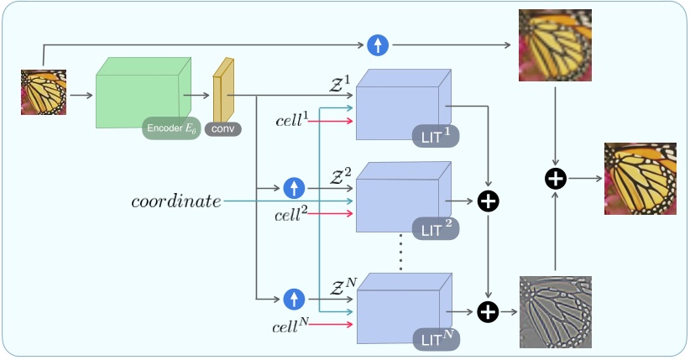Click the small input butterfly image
point(43,92)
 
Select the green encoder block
point(139,94)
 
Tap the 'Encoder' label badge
point(171,128)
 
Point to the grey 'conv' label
point(223,130)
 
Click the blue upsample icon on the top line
point(377,45)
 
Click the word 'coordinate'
point(176,201)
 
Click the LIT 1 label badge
point(436,135)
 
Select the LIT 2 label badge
point(436,227)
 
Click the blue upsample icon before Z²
point(294,188)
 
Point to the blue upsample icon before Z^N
point(294,298)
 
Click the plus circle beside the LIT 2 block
point(488,201)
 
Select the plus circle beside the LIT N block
point(488,312)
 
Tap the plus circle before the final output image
point(555,178)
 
